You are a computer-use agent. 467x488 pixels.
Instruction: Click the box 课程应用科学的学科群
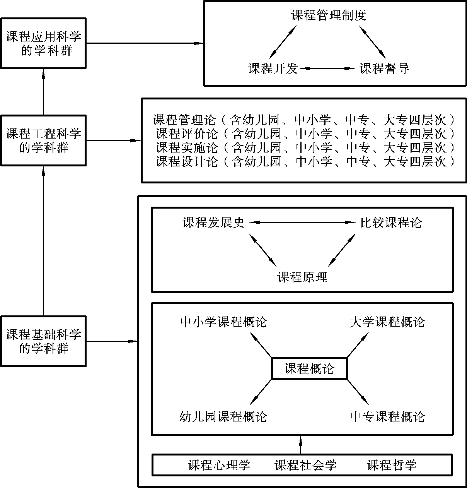(43, 43)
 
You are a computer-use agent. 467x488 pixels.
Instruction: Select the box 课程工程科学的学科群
(43, 140)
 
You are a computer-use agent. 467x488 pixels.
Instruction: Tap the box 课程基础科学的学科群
(43, 341)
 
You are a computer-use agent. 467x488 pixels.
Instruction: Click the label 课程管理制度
(329, 15)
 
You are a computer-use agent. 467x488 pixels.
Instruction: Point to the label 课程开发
(273, 68)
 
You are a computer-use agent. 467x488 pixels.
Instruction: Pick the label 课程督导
(384, 68)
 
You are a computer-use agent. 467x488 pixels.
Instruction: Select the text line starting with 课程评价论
(305, 134)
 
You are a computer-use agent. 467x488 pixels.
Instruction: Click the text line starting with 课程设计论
(305, 161)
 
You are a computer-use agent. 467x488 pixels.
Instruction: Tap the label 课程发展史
(214, 223)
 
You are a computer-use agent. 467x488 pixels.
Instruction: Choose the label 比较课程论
(391, 223)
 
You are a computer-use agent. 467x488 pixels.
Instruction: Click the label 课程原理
(302, 277)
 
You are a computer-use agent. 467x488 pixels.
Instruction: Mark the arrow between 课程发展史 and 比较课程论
(302, 223)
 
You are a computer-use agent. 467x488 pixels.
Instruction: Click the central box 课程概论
(309, 368)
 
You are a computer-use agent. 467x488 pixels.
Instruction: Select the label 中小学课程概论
(223, 322)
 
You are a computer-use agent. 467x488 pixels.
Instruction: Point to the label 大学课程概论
(387, 322)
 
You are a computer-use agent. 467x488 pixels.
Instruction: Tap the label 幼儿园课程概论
(223, 417)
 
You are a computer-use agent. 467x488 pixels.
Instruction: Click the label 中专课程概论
(388, 417)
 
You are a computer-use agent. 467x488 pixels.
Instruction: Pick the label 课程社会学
(305, 465)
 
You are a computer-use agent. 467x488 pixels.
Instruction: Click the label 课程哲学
(392, 465)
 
